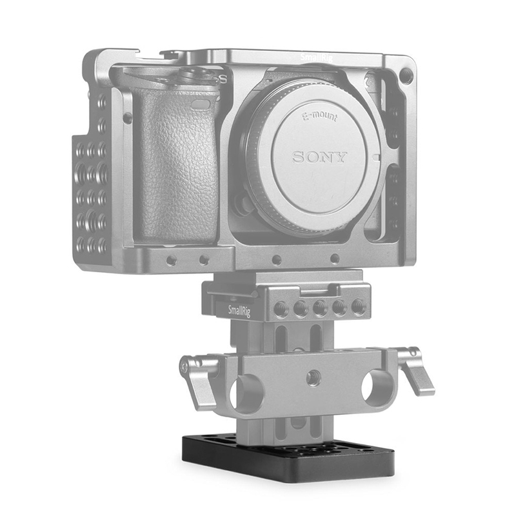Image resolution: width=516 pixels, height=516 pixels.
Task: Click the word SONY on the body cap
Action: [x=321, y=157]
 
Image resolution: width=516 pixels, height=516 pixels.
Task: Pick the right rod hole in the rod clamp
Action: [x=373, y=386]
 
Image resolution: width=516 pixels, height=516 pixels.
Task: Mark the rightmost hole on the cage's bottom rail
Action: [x=335, y=259]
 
